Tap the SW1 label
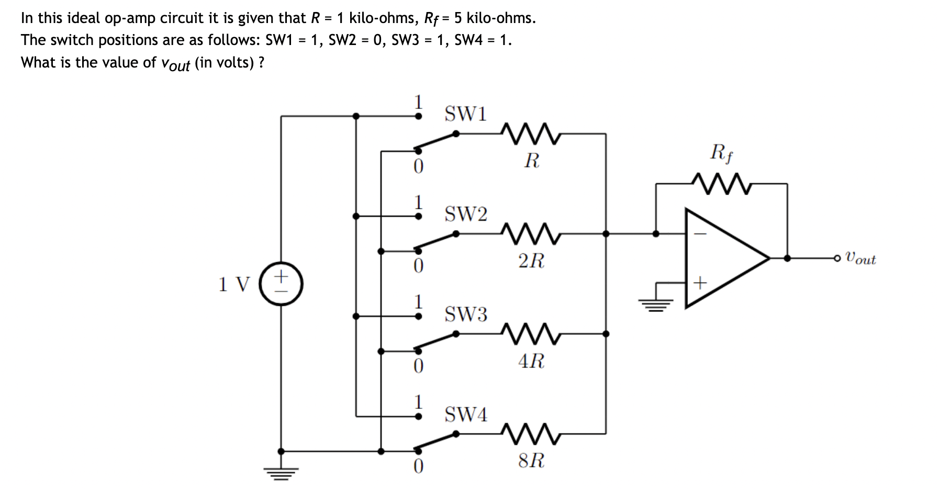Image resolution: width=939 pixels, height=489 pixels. (465, 114)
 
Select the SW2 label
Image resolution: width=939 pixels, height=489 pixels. (465, 214)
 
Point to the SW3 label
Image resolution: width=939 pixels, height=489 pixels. (465, 314)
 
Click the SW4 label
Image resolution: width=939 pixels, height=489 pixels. (465, 415)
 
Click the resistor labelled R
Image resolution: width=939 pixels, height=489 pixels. (531, 134)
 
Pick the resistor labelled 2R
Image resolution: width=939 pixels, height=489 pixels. (531, 234)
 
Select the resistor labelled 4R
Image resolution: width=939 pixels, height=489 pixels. (531, 334)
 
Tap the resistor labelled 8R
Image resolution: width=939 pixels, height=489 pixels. (531, 434)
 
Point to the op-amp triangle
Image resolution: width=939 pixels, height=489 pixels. (728, 258)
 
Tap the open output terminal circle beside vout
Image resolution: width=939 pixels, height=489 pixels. (838, 258)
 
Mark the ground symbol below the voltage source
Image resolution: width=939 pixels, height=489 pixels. (281, 473)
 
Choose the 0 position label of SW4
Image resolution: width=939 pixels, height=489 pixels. (418, 466)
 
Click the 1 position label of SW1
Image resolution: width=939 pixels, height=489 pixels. (418, 101)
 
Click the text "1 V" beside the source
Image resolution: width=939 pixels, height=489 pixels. (234, 284)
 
